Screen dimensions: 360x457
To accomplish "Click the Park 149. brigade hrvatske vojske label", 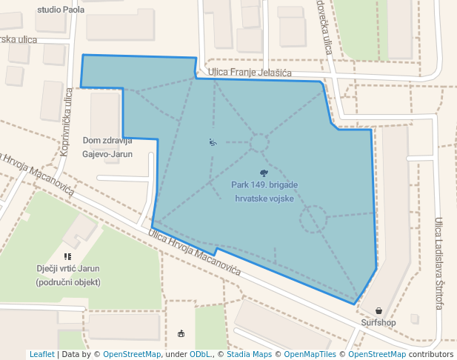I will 264,191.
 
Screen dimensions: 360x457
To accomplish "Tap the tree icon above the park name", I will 264,173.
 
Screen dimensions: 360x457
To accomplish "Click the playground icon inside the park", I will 213,142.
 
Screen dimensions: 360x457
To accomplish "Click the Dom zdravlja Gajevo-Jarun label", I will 107,147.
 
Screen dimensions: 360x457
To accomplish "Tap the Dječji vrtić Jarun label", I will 67,275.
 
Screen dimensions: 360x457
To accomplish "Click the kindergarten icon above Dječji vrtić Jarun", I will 67,256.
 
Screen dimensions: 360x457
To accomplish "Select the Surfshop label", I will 378,323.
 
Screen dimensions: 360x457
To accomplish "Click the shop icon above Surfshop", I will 379,311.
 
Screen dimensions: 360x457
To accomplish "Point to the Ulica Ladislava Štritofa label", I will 439,263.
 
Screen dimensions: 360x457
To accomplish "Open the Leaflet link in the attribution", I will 41,354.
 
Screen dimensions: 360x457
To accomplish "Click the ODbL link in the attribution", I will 200,354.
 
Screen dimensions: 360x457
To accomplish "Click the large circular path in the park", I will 313,219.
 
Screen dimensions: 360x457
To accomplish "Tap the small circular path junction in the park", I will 259,142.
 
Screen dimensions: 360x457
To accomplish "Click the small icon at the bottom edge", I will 182,333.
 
